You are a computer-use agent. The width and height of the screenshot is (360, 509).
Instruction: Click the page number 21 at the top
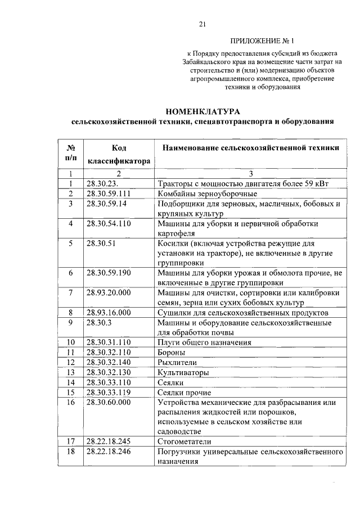pyautogui.click(x=203, y=24)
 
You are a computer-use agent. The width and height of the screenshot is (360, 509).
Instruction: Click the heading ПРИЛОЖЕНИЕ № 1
pyautogui.click(x=262, y=41)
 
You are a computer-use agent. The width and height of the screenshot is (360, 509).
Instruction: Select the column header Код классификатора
pyautogui.click(x=118, y=154)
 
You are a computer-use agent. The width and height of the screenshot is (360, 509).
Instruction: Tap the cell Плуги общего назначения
pyautogui.click(x=204, y=342)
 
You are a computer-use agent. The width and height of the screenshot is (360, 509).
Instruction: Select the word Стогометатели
pyautogui.click(x=186, y=442)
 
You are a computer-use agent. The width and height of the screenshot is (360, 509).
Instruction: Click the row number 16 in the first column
pyautogui.click(x=71, y=403)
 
